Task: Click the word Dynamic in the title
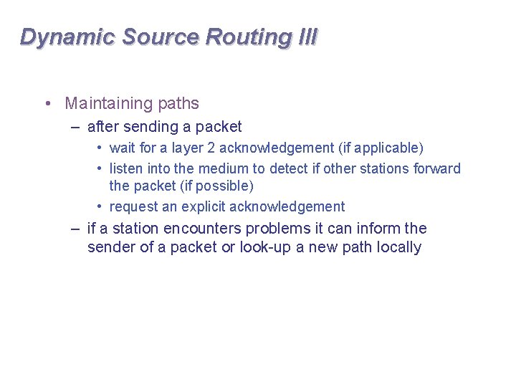pyautogui.click(x=67, y=37)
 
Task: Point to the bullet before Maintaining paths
pyautogui.click(x=47, y=104)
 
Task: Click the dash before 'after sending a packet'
pyautogui.click(x=75, y=128)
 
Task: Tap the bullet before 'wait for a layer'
pyautogui.click(x=100, y=148)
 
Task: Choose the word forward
pyautogui.click(x=437, y=169)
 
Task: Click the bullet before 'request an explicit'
pyautogui.click(x=100, y=207)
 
